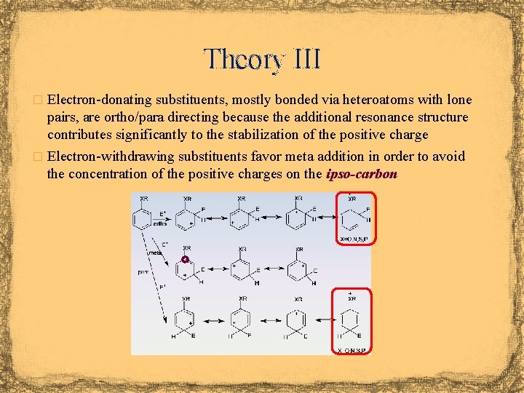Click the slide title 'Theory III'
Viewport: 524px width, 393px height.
262,58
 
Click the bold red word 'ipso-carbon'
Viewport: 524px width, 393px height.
362,174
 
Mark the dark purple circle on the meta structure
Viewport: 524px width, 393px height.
185,259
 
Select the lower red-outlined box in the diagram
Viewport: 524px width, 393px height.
351,320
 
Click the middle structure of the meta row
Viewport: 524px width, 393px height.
242,269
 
